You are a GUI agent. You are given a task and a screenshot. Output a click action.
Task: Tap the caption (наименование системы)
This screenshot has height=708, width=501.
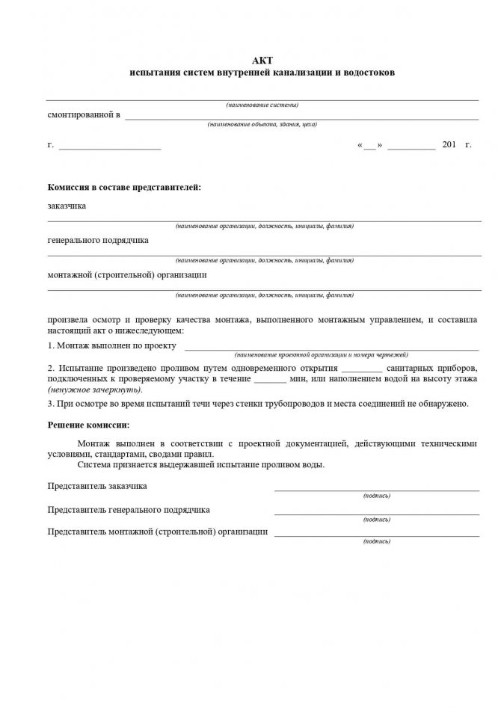262,105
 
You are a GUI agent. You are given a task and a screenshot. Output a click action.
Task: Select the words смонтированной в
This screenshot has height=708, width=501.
84,115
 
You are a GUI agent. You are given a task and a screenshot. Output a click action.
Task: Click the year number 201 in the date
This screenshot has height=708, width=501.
449,144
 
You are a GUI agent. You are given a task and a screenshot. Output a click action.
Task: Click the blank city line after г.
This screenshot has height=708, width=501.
110,147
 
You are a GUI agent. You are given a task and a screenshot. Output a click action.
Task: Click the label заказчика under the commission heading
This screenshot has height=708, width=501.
67,206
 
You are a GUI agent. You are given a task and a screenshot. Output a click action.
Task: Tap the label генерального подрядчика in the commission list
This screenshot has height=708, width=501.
98,240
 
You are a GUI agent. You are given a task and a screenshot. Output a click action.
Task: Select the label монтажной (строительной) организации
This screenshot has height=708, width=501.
127,274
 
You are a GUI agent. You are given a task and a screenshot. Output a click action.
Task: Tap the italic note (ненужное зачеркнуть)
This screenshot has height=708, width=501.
94,390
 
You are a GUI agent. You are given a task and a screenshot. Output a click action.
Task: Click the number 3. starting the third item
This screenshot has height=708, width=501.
51,404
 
